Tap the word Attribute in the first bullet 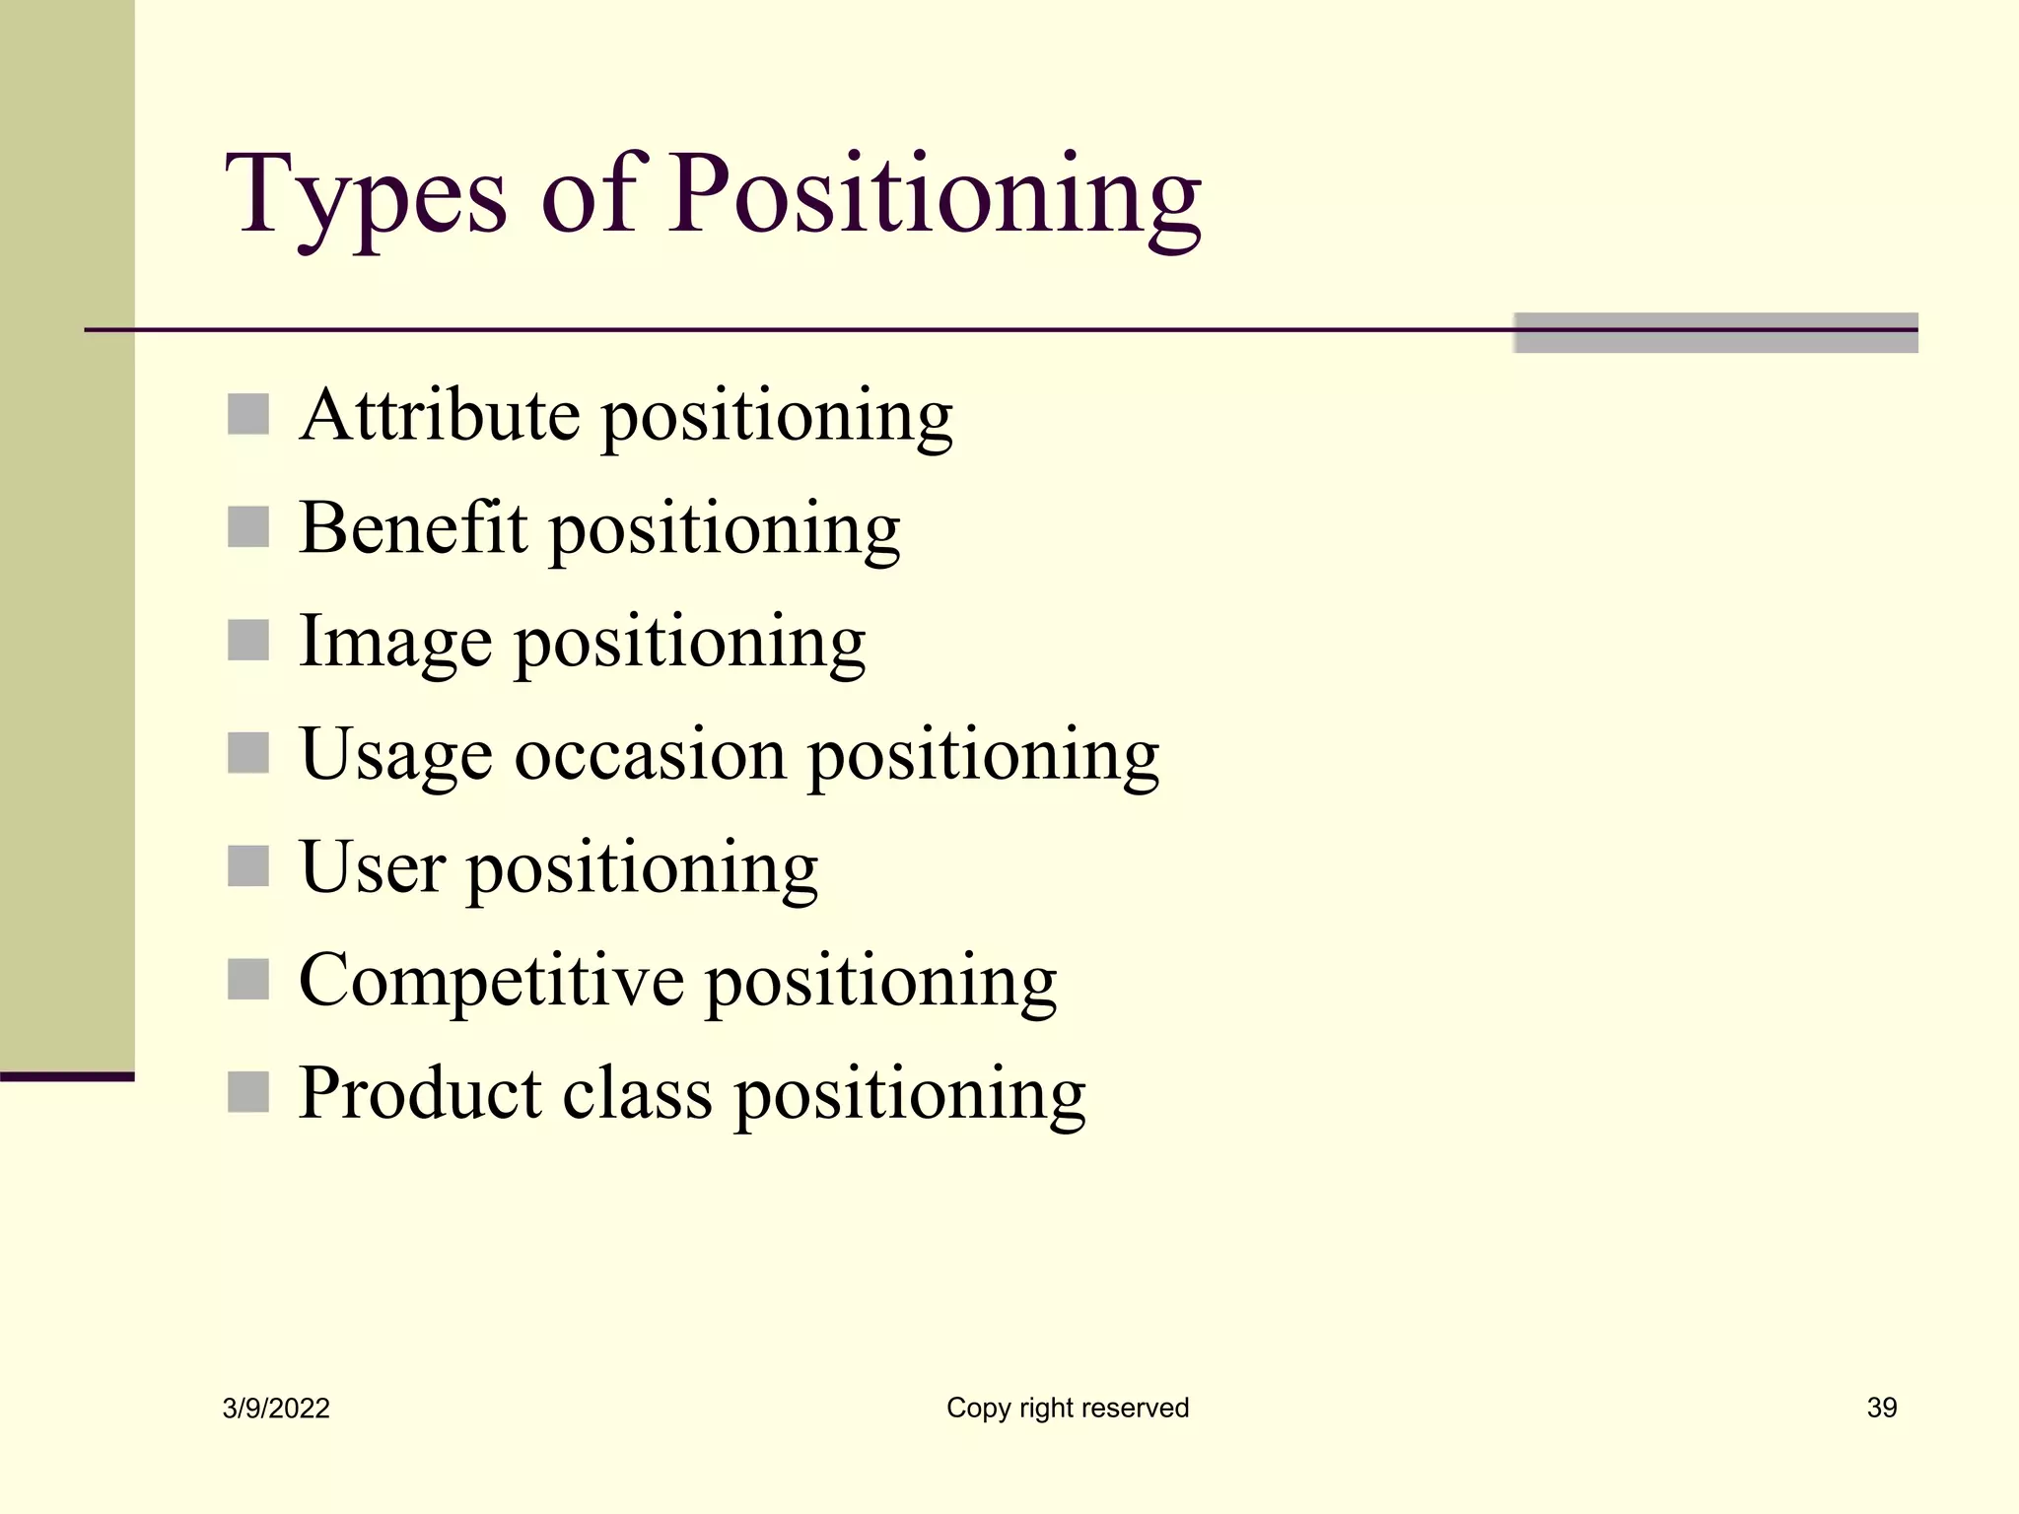[440, 415]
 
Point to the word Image [394, 642]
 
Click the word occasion [650, 755]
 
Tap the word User [372, 867]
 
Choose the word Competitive [491, 981]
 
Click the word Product [420, 1093]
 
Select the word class [637, 1093]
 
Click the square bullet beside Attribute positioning [248, 415]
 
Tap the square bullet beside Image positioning [248, 641]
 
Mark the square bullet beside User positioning [248, 866]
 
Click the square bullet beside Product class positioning [248, 1092]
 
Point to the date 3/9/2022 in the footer [276, 1409]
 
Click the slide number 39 [1881, 1408]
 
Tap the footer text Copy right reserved [1068, 1408]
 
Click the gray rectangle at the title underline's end [1715, 333]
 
